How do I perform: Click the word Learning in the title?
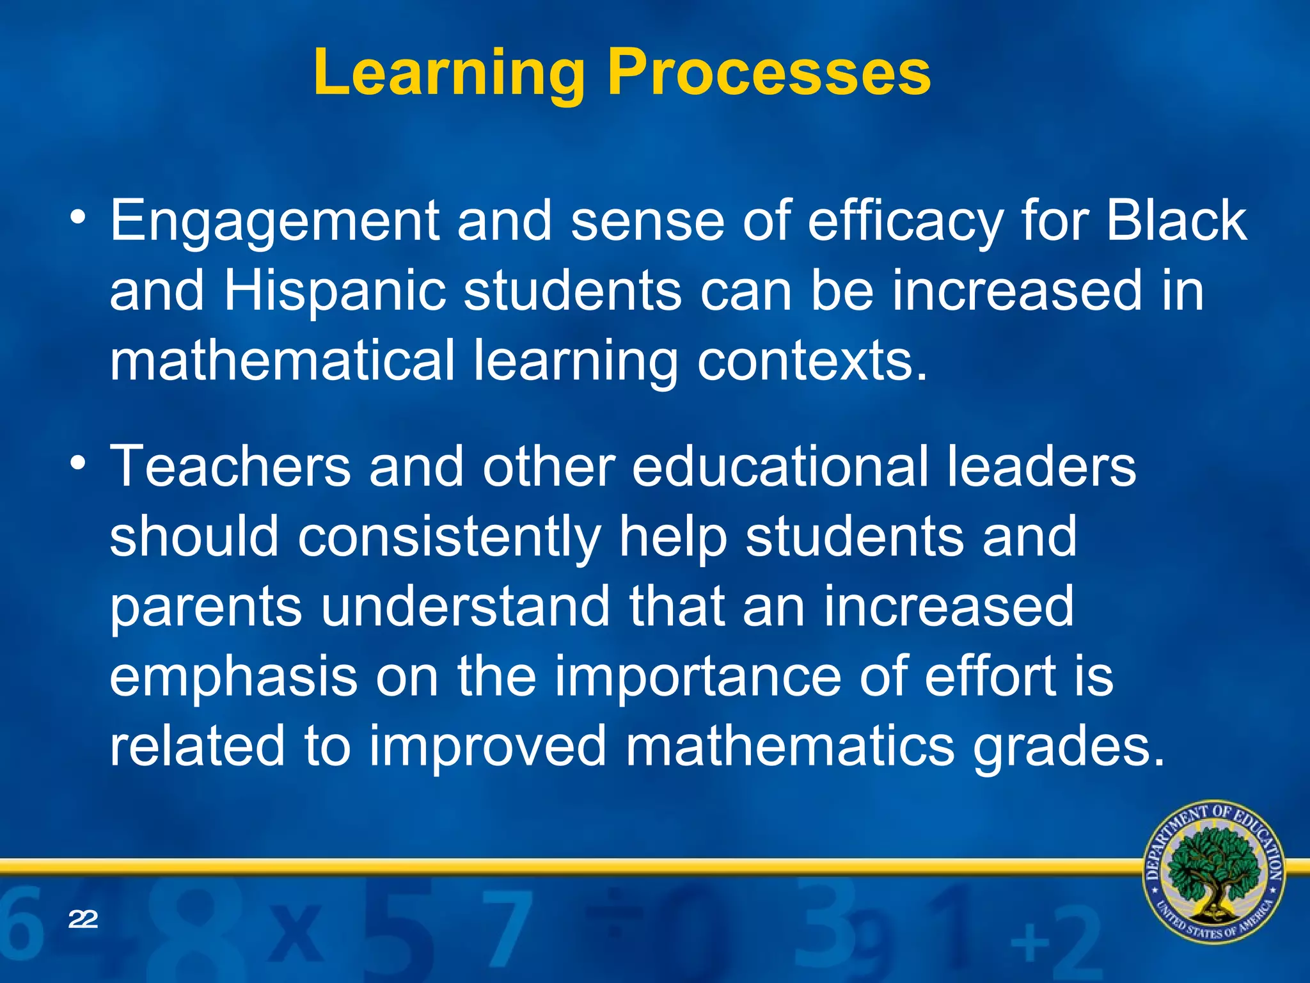coord(448,74)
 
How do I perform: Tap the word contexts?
coord(812,362)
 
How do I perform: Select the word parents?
coord(205,608)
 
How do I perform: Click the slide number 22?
coord(83,920)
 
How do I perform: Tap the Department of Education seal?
coord(1213,871)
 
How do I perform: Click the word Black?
coord(1176,221)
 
